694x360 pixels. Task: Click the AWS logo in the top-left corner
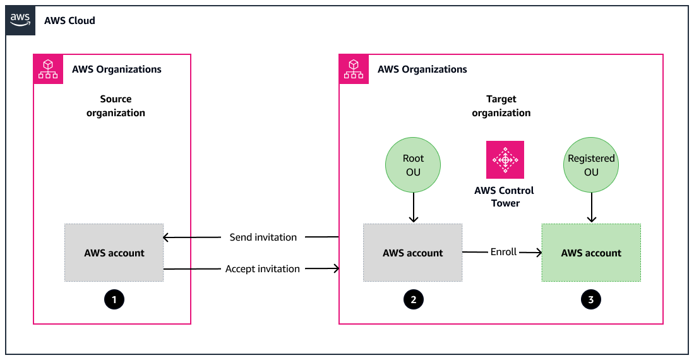click(20, 20)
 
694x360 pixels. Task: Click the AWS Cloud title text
click(69, 20)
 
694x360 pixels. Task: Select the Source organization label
click(116, 106)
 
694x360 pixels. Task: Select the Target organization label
click(501, 106)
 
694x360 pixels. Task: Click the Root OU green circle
click(413, 165)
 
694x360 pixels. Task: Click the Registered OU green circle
click(591, 165)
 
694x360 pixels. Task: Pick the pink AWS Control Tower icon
click(505, 159)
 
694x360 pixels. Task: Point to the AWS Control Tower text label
click(504, 196)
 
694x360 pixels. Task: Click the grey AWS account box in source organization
click(114, 253)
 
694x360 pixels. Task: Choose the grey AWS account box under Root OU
click(413, 253)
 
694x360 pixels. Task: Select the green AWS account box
click(591, 253)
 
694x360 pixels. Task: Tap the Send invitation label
click(263, 237)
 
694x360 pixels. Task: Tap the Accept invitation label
click(263, 269)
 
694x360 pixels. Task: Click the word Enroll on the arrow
click(503, 252)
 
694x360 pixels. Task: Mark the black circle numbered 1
click(114, 300)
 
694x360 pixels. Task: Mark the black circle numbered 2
click(413, 300)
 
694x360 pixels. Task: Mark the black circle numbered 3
click(591, 300)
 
